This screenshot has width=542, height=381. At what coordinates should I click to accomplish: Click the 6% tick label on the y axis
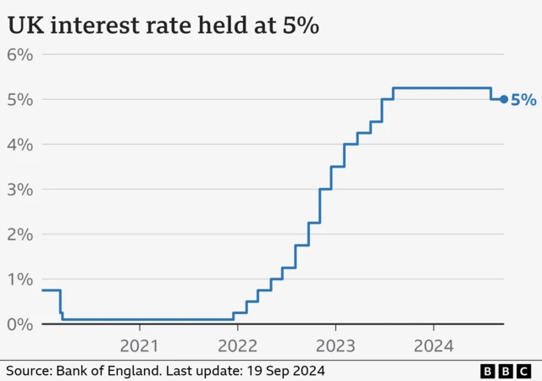[x=19, y=55]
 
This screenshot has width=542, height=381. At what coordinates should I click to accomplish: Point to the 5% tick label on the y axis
[x=19, y=100]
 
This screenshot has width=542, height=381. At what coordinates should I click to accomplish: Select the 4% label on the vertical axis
[x=19, y=145]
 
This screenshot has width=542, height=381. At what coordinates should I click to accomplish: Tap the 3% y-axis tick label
[x=19, y=190]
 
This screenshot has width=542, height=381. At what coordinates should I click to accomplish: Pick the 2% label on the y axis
[x=19, y=235]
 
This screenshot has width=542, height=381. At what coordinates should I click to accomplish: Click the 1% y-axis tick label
[x=19, y=279]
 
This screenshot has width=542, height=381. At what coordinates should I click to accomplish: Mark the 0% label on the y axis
[x=19, y=324]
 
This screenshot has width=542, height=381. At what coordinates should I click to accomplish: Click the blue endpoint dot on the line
[x=504, y=99]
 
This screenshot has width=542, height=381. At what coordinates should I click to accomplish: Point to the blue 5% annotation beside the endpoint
[x=523, y=100]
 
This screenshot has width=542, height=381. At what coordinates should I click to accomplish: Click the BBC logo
[x=506, y=371]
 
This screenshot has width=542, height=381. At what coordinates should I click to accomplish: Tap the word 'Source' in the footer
[x=28, y=371]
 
